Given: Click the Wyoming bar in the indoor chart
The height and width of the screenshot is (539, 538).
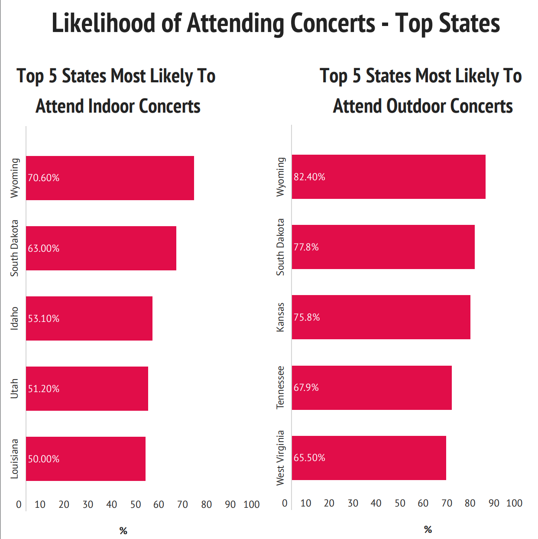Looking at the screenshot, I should pos(110,178).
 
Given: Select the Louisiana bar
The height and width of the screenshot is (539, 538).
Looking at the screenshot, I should pos(86,459).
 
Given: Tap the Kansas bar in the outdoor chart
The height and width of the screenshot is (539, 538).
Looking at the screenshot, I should pos(381,317).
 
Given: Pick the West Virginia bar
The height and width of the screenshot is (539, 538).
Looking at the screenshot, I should pos(369,458).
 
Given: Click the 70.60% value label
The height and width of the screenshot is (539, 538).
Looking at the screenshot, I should pos(44,178).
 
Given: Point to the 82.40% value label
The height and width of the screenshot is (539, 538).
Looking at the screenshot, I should pos(309,177).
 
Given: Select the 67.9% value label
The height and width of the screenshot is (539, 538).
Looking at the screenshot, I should pos(306,387).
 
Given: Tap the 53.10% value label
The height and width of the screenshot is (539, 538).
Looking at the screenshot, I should pos(44,318).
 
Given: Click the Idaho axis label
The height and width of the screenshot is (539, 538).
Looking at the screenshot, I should pos(15,318).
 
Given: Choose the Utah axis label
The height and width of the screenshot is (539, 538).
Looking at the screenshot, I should pos(15,389).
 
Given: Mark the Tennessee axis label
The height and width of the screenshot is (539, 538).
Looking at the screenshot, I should pos(281,387).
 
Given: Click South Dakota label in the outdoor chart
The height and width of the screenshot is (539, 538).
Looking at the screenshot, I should pos(281,247).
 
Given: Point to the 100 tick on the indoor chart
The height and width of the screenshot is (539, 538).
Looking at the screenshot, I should pos(252,505).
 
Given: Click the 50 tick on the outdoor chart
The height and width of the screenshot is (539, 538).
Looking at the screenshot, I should pos(400,503).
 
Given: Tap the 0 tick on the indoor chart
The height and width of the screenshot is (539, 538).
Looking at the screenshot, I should pos(19,505).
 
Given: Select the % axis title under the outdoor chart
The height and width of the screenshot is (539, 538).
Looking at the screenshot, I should pos(428,529).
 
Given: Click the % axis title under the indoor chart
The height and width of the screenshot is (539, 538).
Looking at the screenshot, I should pos(123,531).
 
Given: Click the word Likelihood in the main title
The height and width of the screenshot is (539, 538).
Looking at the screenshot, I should pos(103,23).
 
